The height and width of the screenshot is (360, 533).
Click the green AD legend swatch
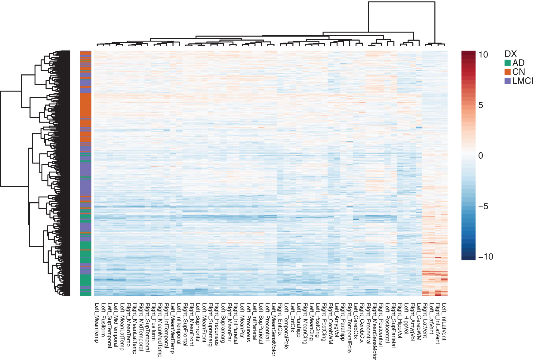[508, 63]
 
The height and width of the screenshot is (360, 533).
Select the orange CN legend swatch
[508, 72]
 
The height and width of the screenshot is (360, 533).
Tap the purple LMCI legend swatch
[508, 81]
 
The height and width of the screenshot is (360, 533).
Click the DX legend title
[511, 54]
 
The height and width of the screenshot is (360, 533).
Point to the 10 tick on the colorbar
[483, 55]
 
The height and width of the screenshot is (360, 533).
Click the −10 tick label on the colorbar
[485, 257]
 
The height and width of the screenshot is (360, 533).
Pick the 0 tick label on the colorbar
[481, 156]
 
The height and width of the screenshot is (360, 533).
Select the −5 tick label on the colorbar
[483, 206]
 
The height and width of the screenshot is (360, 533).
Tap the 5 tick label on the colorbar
[481, 105]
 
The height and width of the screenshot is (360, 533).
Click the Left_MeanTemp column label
[97, 322]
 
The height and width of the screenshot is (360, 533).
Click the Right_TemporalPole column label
[350, 328]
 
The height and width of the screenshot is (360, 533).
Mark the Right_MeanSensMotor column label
[375, 331]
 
